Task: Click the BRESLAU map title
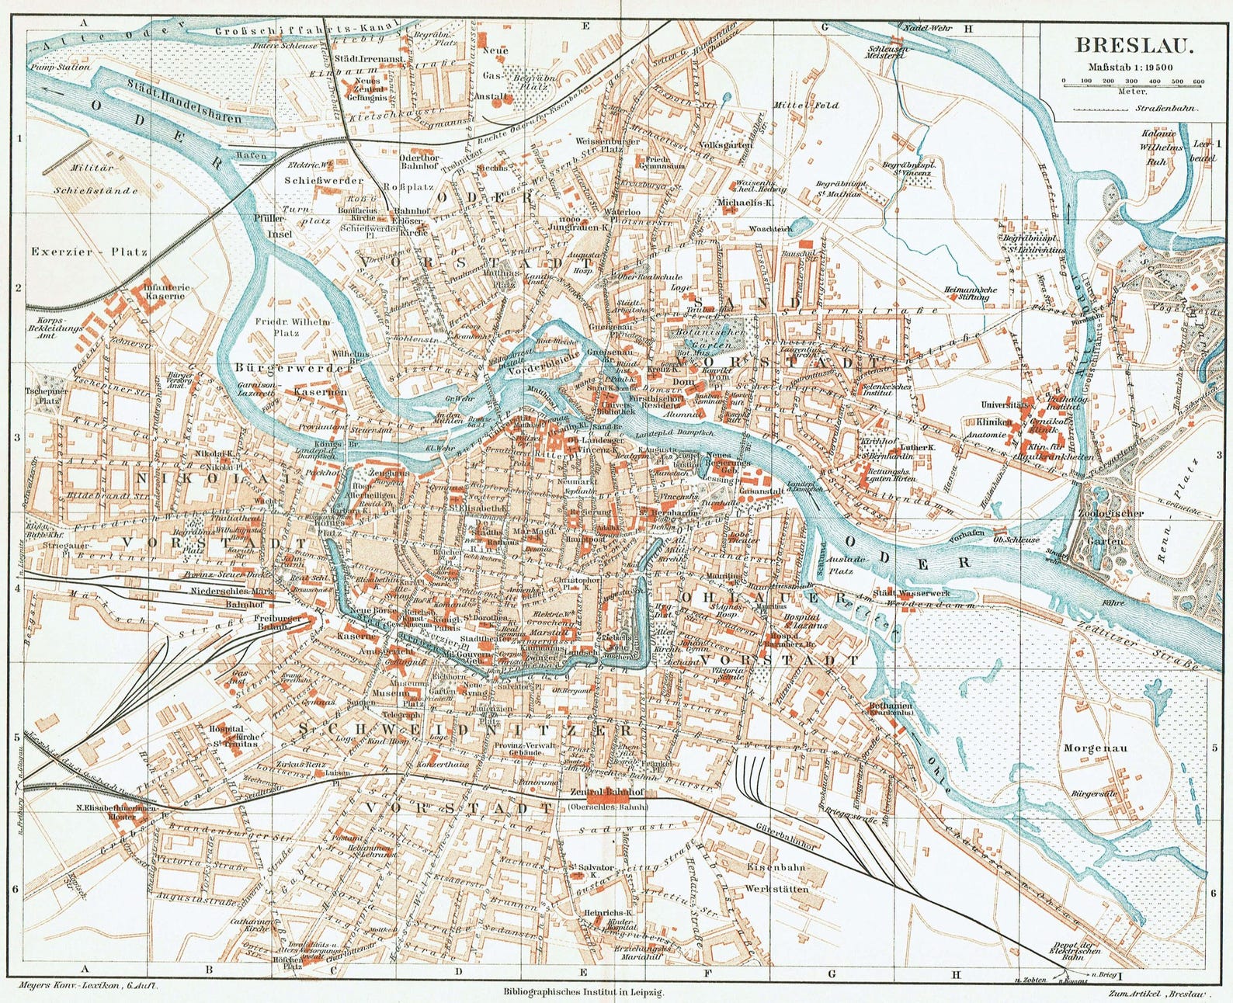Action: tap(1123, 46)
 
